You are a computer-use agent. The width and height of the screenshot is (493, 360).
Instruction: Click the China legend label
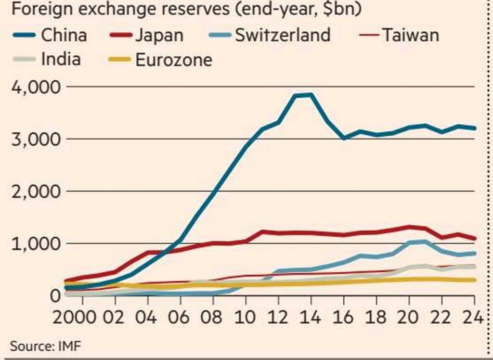point(64,35)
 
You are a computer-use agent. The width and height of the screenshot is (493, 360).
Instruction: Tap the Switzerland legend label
point(283,35)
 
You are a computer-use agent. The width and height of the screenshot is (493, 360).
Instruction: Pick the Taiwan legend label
point(410,35)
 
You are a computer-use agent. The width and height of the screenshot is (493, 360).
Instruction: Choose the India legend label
point(61,60)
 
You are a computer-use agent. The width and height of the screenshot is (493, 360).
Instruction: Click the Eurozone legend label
point(174,60)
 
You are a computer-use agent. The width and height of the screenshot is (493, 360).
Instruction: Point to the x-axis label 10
point(246,318)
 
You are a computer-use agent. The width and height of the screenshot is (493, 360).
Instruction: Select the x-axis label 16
point(344,318)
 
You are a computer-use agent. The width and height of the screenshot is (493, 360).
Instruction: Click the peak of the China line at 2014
point(311,94)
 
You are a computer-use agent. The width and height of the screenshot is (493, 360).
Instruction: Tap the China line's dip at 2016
point(344,138)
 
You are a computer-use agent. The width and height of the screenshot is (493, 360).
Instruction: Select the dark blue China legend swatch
point(23,35)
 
